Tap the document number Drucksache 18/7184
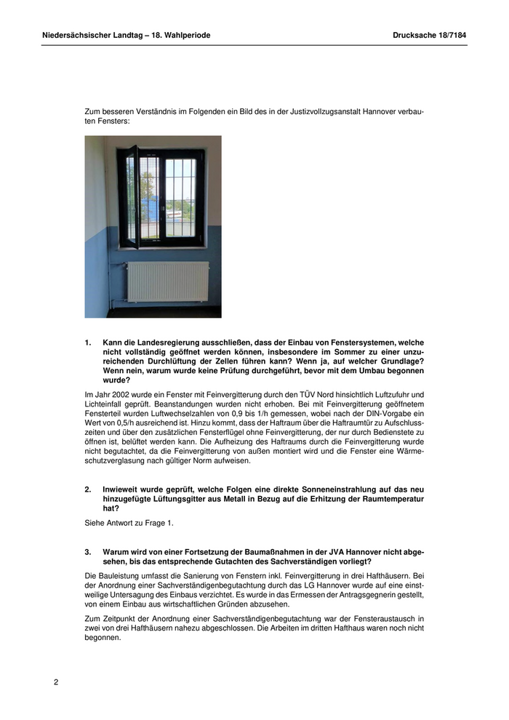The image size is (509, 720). coord(429,35)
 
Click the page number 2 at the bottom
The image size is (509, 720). coord(56,681)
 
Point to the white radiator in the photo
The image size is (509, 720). coord(167,281)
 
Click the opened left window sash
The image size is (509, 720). coord(130,196)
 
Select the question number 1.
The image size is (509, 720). coord(88,343)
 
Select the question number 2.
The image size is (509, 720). coord(88,489)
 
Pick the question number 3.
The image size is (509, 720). coord(88,552)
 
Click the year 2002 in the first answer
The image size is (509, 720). coord(118,394)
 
